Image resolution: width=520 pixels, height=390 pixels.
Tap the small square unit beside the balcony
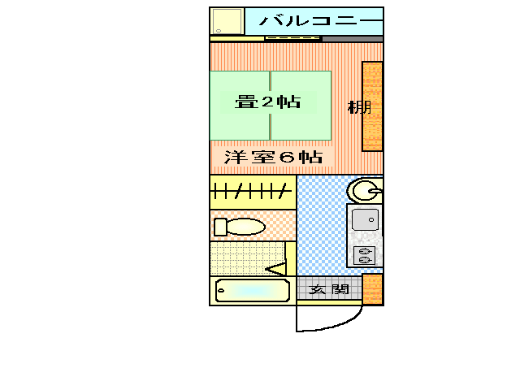(x=227, y=20)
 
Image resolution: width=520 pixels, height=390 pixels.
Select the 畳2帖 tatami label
(x=267, y=102)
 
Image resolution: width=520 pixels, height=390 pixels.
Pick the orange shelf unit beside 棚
(x=372, y=106)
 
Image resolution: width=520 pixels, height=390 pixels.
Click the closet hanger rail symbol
(x=251, y=192)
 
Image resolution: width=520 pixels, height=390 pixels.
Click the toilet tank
(x=219, y=226)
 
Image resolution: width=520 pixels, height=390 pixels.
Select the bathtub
(x=253, y=290)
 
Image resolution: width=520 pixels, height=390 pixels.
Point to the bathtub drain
(x=221, y=290)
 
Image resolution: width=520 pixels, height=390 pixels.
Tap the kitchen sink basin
(x=365, y=219)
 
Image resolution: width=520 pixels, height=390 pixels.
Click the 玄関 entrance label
(x=328, y=289)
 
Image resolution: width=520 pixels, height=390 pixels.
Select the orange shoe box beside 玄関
(x=372, y=289)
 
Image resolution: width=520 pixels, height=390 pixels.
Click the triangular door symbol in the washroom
(x=276, y=268)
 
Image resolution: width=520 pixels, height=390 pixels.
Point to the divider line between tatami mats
(x=271, y=105)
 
